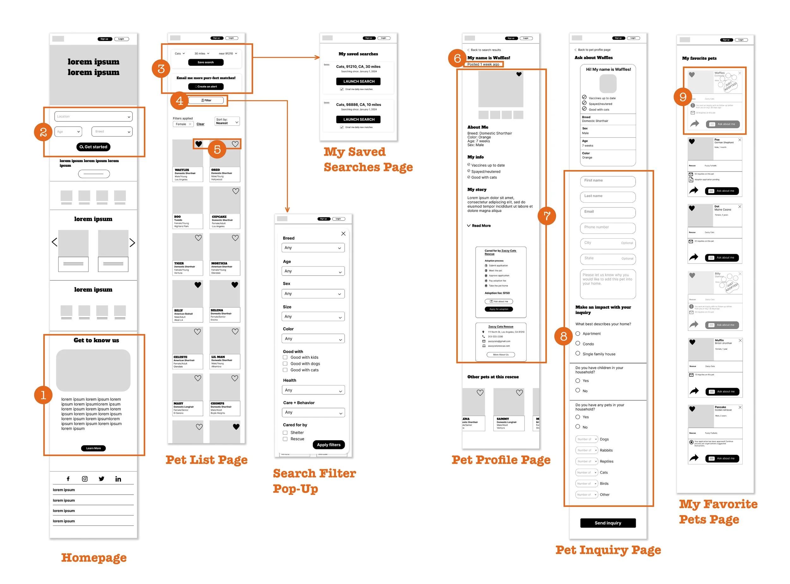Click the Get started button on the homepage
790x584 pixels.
93,147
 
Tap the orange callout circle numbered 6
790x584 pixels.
457,58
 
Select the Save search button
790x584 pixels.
206,62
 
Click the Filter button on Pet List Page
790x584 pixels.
206,100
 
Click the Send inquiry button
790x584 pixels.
608,523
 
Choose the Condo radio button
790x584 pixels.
578,343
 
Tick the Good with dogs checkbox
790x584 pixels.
285,363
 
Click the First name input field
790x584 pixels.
608,181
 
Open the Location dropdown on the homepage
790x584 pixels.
93,116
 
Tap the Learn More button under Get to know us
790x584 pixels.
93,448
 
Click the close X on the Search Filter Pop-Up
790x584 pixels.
343,234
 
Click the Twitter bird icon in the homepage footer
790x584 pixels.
101,479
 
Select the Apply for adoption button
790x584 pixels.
499,309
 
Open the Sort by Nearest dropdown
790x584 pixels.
227,121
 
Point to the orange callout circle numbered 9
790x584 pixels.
683,97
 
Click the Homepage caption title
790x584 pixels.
94,557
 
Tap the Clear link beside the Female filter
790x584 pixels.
200,124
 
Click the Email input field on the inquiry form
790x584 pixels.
608,212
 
